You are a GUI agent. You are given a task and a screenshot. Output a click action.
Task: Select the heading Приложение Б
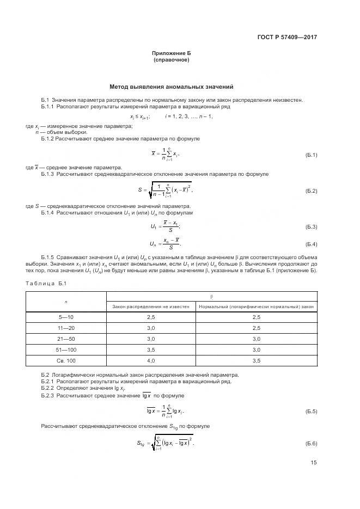point(171,53)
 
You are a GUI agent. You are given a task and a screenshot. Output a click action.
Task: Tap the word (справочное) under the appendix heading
point(171,60)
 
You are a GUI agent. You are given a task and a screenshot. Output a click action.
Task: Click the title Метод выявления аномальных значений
point(171,86)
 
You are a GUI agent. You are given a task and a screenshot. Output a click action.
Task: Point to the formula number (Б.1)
point(312,155)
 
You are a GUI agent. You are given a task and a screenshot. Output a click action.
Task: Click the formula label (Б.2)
point(312,191)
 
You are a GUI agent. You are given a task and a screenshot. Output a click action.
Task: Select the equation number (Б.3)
point(312,226)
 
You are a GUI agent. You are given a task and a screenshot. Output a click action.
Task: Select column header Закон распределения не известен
point(151,306)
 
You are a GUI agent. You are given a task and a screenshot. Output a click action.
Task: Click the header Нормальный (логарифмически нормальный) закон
point(257,306)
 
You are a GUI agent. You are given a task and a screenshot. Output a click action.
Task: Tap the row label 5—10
point(66,317)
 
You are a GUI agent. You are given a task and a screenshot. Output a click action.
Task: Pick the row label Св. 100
point(66,360)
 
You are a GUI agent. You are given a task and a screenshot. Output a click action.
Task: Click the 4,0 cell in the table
point(151,360)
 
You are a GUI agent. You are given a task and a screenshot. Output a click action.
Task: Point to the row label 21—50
point(66,339)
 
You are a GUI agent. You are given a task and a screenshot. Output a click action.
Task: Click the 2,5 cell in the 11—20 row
point(257,328)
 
